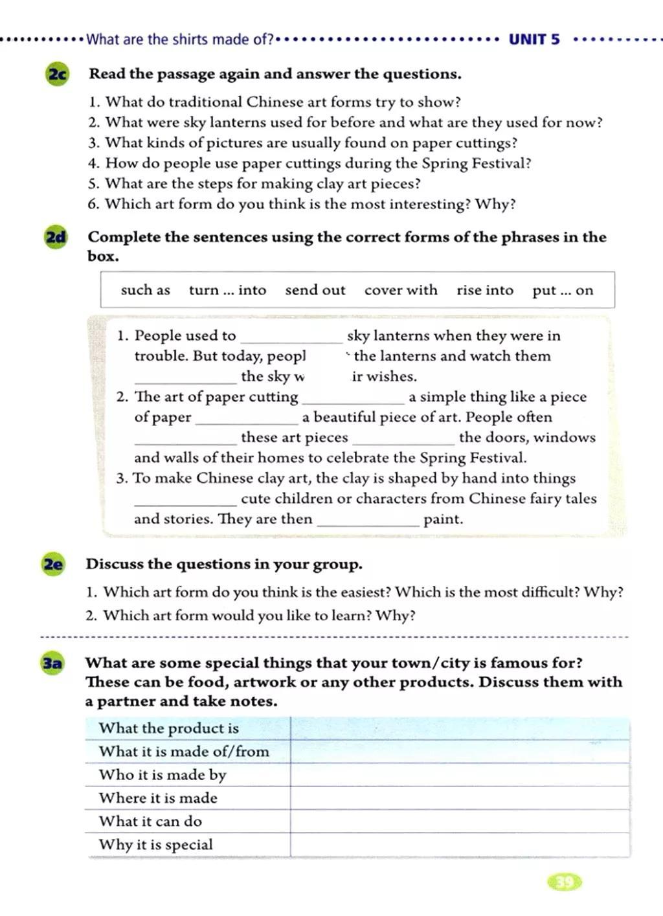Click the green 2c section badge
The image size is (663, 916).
(57, 74)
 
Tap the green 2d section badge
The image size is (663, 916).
(56, 238)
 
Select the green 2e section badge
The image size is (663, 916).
(53, 564)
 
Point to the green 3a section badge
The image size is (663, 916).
(52, 664)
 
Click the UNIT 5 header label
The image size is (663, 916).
(534, 39)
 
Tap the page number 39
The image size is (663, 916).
(565, 882)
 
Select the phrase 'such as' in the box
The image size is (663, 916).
(145, 290)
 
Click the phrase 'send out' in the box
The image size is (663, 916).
(315, 290)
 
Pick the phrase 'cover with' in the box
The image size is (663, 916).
(401, 290)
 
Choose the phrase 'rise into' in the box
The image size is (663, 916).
(485, 290)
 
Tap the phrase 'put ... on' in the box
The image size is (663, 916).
(563, 290)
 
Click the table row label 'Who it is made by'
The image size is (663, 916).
(163, 775)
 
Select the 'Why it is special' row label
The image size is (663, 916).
(155, 845)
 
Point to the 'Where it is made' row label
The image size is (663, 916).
(158, 798)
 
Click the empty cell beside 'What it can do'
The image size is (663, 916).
(460, 821)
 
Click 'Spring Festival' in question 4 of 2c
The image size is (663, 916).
(477, 163)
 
